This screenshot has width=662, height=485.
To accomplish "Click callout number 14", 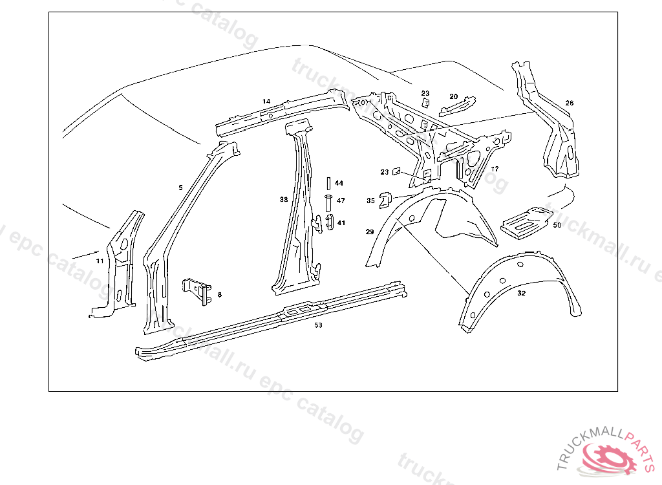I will coord(266,102).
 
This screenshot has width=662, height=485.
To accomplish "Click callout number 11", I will coord(100,261).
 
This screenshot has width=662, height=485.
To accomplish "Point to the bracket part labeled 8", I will coord(198,290).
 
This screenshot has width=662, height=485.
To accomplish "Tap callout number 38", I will coord(283,200).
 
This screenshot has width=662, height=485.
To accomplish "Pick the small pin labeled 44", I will coord(328,183).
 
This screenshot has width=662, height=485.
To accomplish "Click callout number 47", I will coord(340,200).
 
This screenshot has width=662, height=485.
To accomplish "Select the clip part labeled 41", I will coord(329,221).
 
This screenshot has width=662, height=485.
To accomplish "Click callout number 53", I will coord(318,325).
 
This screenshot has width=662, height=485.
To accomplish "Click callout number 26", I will coord(569,103).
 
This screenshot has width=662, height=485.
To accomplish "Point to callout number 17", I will coord(495,169).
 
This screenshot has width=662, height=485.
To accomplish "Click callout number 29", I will coord(370,231).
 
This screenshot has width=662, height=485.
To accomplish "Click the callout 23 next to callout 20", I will coord(425,94).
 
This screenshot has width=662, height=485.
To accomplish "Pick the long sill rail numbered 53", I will coord(272,317).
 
